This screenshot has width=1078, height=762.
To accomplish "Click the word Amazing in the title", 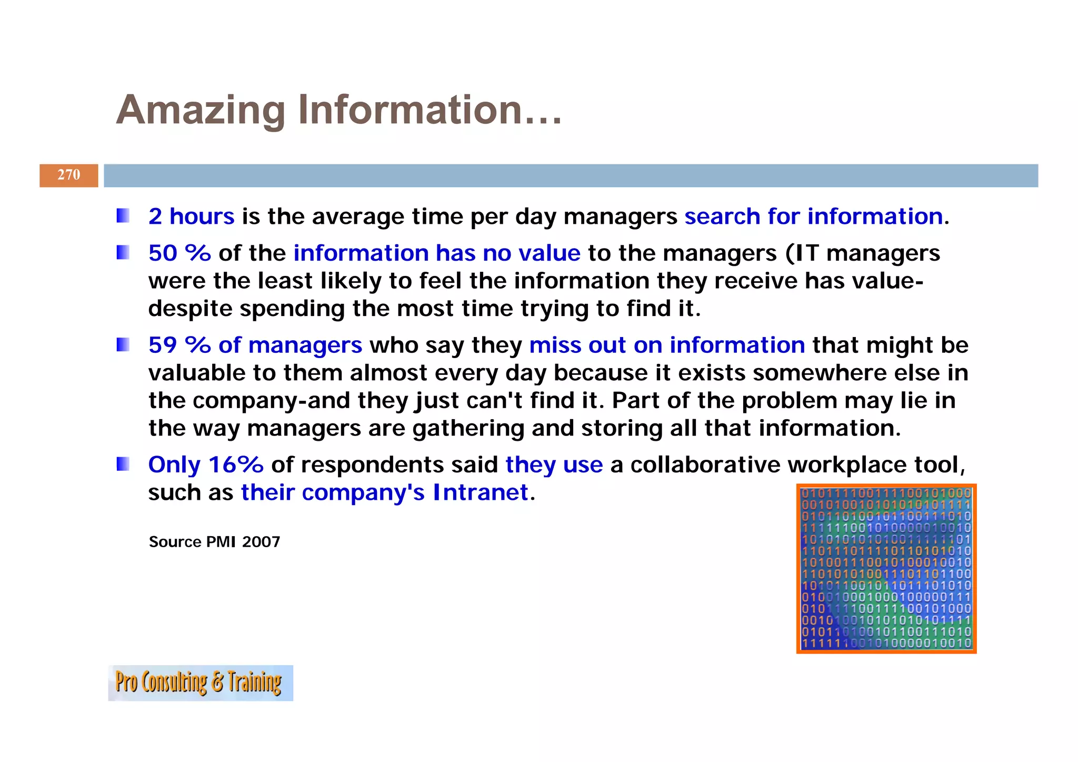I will pos(201,110).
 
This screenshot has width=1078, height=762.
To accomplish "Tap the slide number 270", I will pos(69,175).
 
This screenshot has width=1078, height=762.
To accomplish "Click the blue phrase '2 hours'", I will pos(191,216).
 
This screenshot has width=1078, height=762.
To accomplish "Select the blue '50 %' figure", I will pos(179,253).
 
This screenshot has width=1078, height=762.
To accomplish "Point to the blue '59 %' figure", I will pos(179,345).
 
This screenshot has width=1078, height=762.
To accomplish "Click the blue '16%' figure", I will pos(236,465).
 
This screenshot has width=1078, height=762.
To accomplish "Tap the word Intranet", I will pos(480,493).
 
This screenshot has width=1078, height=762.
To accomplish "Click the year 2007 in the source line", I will pos(261,542).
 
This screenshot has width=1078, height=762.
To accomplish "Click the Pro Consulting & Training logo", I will pos(201,682).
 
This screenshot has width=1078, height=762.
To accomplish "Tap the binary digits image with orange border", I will pos(886,569).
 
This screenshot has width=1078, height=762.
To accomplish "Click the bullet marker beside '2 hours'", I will pos(123,216).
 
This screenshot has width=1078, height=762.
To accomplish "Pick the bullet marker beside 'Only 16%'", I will pos(123,464).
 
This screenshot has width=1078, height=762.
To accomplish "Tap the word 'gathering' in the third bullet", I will pos(468,429).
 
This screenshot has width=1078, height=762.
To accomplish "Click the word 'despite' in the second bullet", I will pos(190,309).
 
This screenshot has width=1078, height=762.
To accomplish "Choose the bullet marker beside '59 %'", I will pos(123,345).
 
